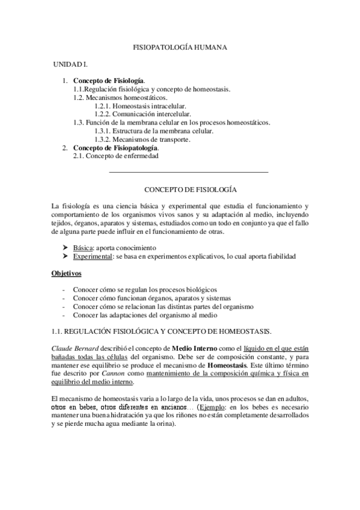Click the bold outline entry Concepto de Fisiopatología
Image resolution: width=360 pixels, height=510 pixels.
coord(116,148)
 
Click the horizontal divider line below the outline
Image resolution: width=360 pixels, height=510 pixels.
coord(189,173)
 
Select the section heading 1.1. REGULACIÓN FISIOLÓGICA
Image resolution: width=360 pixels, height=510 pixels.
coord(162,331)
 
